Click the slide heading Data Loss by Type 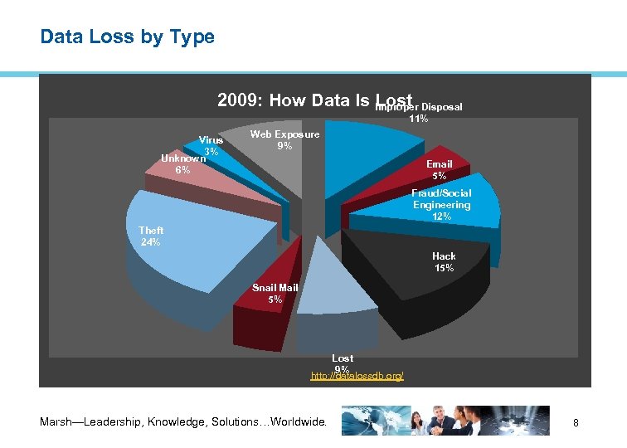pos(127,37)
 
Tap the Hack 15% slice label pos(444,262)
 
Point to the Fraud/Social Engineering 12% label pos(441,205)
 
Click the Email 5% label pos(439,170)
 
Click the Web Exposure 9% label pos(284,140)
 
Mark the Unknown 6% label pos(182,163)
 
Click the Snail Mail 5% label pos(275,294)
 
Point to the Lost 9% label pos(343,363)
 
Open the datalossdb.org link pos(357,377)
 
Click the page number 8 pos(576,423)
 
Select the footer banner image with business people pos(445,420)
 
